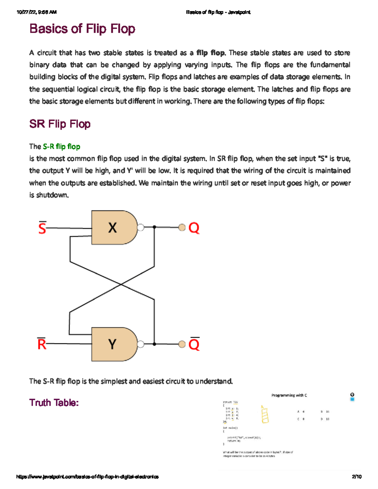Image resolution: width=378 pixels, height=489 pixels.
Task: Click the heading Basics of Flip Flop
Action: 82,29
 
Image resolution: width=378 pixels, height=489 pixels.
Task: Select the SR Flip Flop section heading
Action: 60,124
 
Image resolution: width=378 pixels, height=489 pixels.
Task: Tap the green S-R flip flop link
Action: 61,146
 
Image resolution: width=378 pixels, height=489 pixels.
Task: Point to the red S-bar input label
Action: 42,228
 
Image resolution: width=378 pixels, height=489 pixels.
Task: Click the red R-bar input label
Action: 42,344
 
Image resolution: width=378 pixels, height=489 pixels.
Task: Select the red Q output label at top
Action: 194,228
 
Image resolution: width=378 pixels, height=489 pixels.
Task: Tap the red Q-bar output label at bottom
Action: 194,344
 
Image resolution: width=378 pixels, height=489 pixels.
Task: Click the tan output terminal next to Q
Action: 182,227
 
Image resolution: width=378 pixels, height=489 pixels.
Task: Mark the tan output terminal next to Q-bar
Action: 182,344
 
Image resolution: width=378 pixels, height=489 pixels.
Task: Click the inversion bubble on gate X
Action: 141,227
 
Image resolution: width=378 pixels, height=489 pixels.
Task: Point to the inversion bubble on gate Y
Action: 141,344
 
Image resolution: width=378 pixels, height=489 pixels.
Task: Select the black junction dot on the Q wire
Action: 154,227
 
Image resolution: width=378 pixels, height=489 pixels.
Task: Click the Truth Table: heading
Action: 54,403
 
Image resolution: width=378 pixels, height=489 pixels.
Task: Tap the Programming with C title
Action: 289,395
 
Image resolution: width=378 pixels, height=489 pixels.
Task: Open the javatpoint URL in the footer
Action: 87,477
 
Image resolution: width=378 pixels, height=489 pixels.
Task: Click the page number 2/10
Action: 357,477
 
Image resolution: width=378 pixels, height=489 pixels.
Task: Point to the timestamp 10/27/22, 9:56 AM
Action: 37,12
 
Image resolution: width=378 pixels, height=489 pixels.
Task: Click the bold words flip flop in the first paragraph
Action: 210,53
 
